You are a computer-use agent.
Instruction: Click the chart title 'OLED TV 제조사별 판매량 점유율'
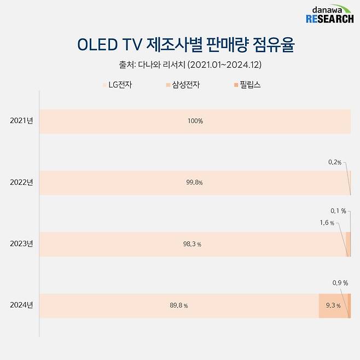point(179,45)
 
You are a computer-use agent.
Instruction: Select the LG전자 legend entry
point(117,85)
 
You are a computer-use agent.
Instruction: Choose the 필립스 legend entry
point(246,85)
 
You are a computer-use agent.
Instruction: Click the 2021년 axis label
point(21,121)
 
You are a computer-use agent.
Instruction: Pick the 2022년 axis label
point(21,182)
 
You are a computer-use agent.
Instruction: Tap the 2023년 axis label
point(21,244)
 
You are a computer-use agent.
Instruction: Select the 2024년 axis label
point(21,305)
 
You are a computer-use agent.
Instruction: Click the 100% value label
point(195,121)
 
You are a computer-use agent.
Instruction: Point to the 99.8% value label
point(195,183)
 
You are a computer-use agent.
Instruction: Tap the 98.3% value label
point(192,245)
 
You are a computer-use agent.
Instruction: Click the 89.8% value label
point(179,306)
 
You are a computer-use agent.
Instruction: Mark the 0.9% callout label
point(339,283)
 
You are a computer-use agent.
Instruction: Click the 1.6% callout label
point(327,223)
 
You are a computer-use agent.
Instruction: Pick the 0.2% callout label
point(335,162)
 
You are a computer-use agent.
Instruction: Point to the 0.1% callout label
point(338,211)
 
